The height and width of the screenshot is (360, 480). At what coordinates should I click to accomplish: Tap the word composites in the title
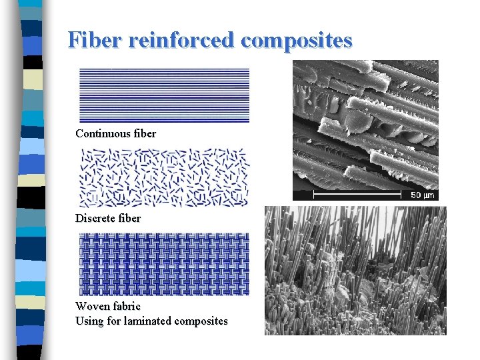[297, 41]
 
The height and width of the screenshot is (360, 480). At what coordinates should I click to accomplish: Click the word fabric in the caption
[127, 306]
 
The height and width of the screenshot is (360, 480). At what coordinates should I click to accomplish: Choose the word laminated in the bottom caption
[145, 321]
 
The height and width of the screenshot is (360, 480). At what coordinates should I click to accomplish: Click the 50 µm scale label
[422, 195]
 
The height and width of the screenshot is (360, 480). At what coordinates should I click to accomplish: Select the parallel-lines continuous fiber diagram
[164, 95]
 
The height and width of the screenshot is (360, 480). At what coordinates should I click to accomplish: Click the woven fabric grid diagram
[164, 264]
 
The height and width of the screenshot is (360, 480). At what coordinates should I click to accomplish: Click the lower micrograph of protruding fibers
[355, 270]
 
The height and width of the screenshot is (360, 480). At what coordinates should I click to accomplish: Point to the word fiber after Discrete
[128, 218]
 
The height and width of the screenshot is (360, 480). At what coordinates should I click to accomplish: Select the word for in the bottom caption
[114, 321]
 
